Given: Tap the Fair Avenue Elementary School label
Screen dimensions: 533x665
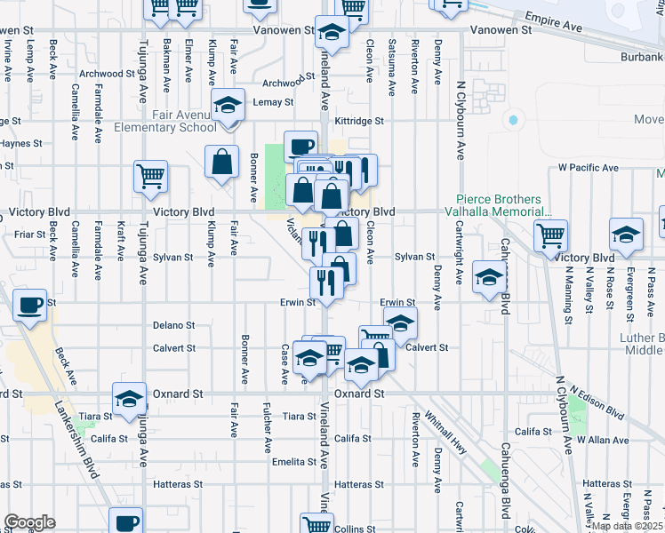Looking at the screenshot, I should click(x=165, y=121).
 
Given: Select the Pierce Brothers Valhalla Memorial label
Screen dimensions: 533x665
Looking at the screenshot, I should click(x=503, y=206).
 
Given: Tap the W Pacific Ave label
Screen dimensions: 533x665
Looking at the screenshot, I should click(x=588, y=167).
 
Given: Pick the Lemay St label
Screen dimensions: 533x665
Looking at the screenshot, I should click(x=273, y=103).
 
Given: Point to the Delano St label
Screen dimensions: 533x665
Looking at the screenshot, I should click(x=173, y=326).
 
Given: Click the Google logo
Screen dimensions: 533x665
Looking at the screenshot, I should click(x=29, y=522).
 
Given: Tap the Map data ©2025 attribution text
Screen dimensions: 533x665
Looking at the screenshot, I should click(x=627, y=526).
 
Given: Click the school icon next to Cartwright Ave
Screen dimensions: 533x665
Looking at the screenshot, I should click(x=488, y=276).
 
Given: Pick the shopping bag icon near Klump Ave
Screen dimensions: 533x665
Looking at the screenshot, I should click(x=221, y=161).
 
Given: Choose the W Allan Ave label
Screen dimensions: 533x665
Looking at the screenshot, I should click(x=597, y=440).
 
